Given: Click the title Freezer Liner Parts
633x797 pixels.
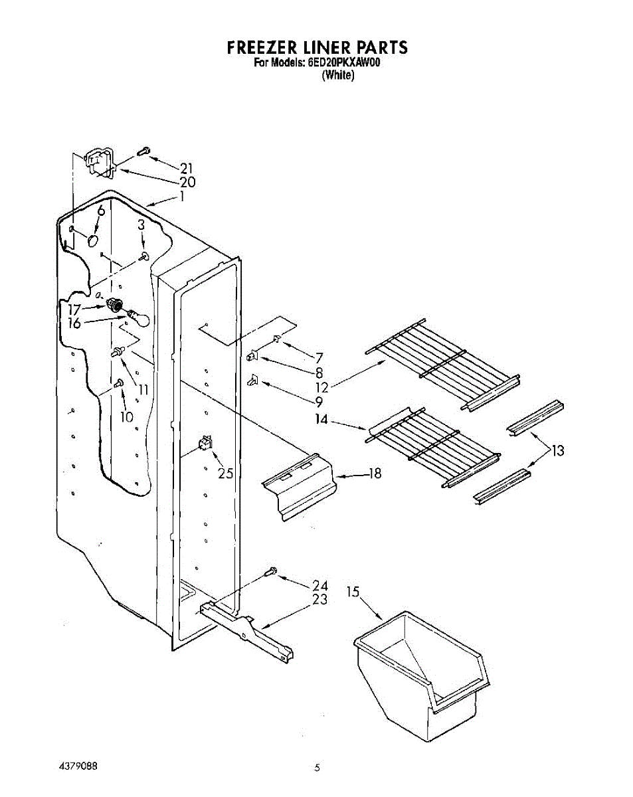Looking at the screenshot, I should click(x=317, y=48).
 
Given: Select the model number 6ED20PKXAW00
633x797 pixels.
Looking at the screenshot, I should click(x=346, y=64).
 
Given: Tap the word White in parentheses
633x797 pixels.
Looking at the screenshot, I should click(x=338, y=76).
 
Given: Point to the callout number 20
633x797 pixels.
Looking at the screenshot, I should click(x=187, y=182).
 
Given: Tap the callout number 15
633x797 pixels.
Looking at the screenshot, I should click(x=353, y=590).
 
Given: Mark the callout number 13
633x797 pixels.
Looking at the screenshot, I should click(x=557, y=451).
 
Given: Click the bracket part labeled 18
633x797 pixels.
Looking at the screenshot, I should click(x=299, y=487).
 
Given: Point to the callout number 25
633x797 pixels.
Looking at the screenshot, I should click(x=226, y=473).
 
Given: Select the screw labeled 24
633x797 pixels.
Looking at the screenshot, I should click(x=271, y=571).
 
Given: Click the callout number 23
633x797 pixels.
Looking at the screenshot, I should click(x=320, y=600).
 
